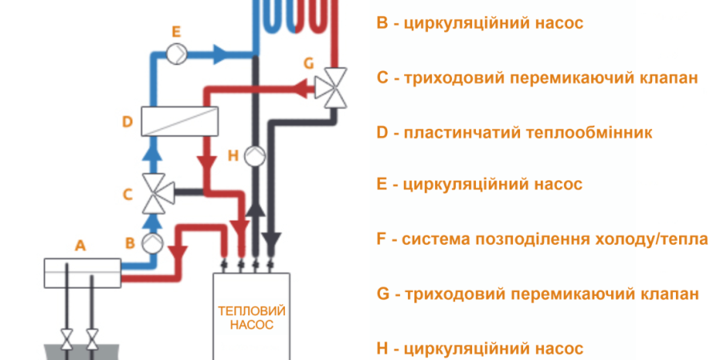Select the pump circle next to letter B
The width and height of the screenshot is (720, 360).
151,242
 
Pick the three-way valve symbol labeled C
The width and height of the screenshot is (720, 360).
151,193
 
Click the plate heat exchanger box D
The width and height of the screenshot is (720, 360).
179,122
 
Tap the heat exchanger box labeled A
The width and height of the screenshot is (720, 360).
82,271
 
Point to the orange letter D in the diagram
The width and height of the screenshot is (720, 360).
126,122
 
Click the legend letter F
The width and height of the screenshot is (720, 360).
382,239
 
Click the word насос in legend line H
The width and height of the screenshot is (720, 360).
554,348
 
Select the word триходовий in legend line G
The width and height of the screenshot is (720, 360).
443,294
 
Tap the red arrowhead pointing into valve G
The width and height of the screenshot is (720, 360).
303,86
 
